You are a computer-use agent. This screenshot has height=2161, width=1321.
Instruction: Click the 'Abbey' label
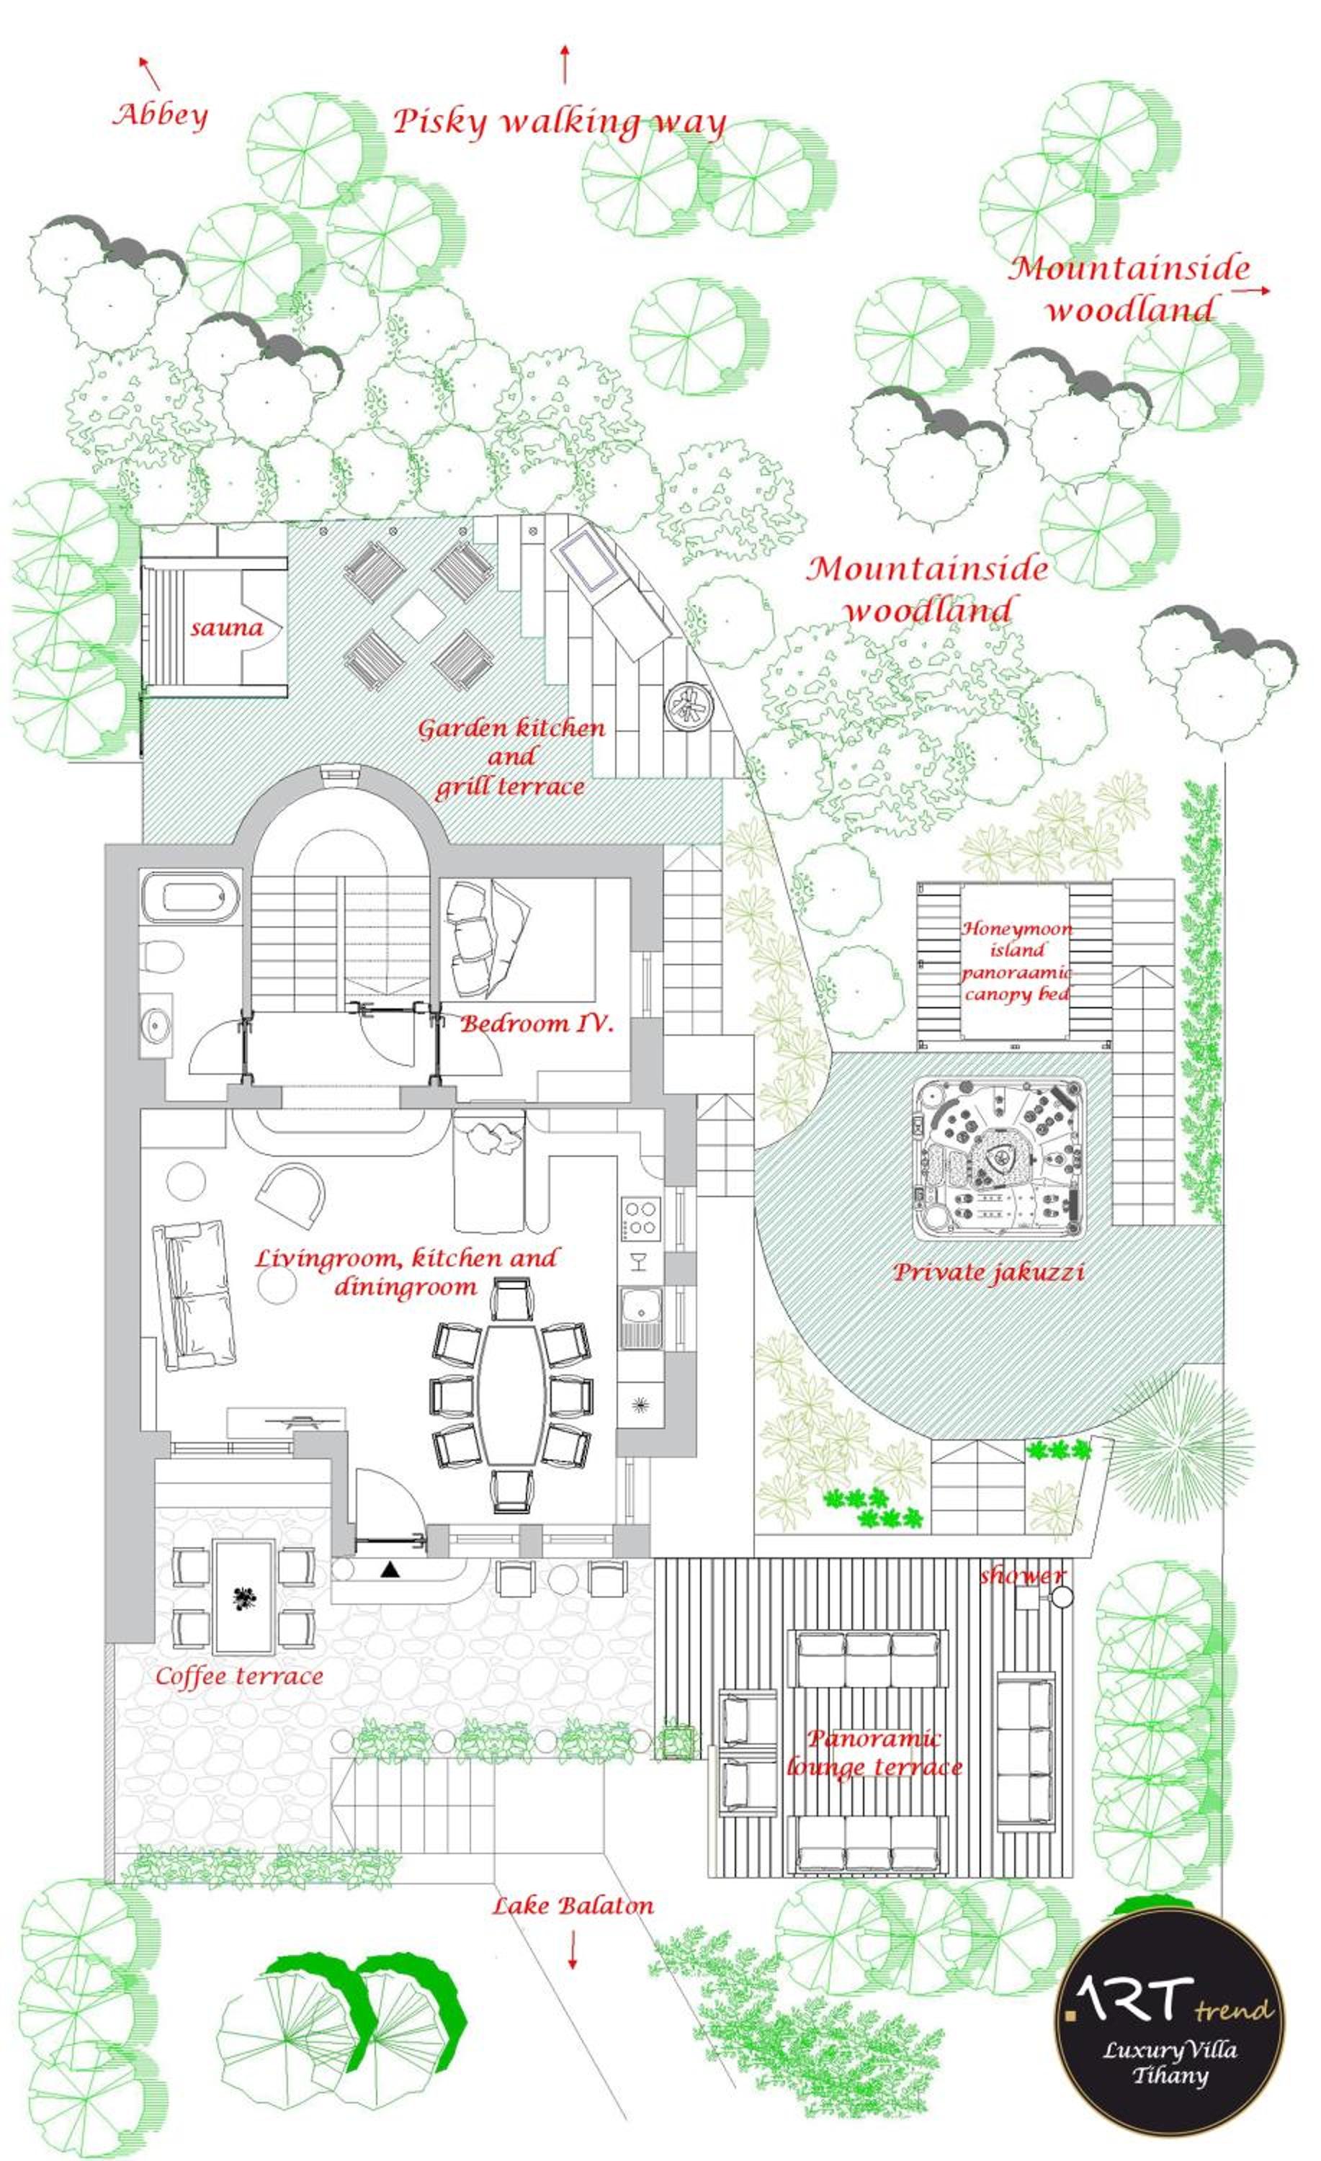[161, 116]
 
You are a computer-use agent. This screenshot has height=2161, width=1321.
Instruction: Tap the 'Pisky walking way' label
[559, 122]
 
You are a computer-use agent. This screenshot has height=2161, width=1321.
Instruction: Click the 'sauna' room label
[226, 628]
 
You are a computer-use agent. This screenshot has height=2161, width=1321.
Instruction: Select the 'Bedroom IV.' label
[536, 1024]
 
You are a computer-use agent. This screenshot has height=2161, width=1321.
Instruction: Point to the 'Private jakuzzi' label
[988, 1273]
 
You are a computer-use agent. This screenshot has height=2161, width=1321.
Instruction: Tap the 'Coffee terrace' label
[239, 1677]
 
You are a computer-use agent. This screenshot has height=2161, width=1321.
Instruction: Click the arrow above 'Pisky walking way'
[565, 64]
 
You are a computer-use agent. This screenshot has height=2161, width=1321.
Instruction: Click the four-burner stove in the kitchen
[641, 1217]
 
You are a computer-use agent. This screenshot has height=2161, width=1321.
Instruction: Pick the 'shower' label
[1021, 1576]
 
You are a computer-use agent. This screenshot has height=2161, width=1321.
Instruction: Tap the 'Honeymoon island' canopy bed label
[1016, 960]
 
